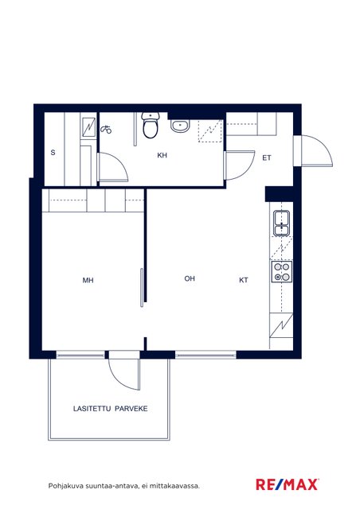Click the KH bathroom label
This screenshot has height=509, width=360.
[162, 156]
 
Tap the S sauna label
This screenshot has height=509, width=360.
[53, 153]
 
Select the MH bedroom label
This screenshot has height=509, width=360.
[88, 280]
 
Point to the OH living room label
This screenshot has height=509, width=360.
[190, 278]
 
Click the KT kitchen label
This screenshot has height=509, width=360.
[244, 280]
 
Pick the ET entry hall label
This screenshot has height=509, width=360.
[267, 158]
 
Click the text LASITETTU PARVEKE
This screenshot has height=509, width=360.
[110, 408]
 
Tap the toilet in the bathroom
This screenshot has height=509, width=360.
[151, 126]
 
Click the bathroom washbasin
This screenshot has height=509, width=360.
[180, 126]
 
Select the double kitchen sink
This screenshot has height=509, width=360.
[282, 223]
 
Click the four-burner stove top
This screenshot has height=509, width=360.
[282, 272]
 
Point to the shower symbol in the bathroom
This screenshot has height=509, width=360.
[106, 130]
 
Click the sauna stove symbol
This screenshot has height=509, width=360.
[88, 127]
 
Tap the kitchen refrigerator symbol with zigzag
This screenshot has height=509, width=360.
[281, 325]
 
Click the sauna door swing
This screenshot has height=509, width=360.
[113, 168]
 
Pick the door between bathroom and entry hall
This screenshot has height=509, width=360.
[240, 165]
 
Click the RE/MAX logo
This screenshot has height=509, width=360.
[288, 484]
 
